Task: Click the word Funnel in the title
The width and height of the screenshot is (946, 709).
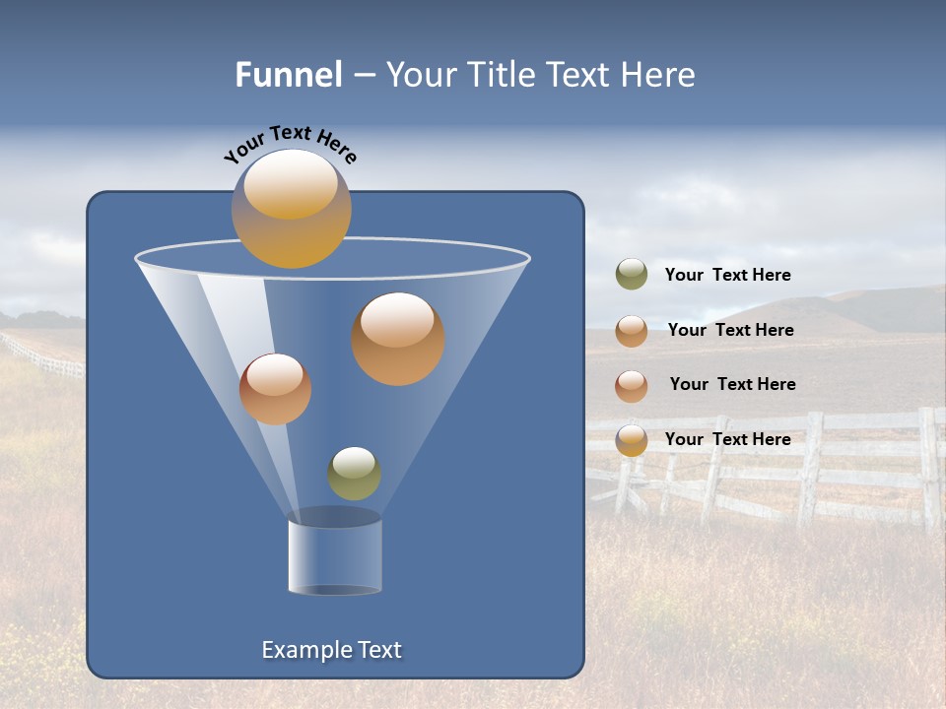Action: (288, 75)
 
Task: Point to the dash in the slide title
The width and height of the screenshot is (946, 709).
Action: (363, 76)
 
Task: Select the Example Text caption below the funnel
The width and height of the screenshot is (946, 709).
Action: (331, 650)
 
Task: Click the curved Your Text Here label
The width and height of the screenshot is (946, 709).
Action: (291, 143)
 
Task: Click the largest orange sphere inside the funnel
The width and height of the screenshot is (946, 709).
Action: (398, 339)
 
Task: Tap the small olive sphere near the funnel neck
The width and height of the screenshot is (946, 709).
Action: (354, 474)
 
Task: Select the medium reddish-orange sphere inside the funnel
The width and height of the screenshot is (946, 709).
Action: (275, 389)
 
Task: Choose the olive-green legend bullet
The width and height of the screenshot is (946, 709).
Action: (632, 275)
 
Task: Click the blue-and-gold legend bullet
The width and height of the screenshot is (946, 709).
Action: (632, 440)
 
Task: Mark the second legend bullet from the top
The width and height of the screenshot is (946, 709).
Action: (632, 331)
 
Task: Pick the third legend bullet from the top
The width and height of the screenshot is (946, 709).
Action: (632, 386)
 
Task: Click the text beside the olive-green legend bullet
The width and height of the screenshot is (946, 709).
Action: (727, 275)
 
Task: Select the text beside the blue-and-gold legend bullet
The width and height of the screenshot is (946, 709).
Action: (727, 439)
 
